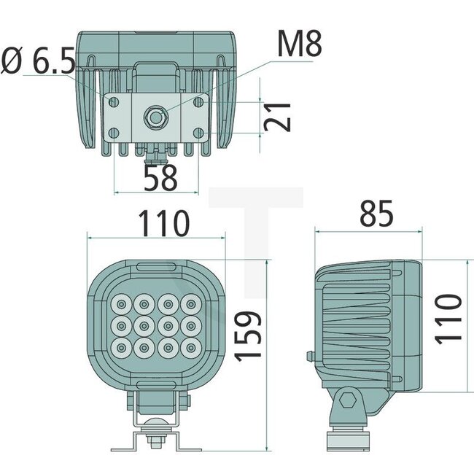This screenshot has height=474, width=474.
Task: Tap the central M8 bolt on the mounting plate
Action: point(156,115)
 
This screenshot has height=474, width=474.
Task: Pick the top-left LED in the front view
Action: point(120,302)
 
